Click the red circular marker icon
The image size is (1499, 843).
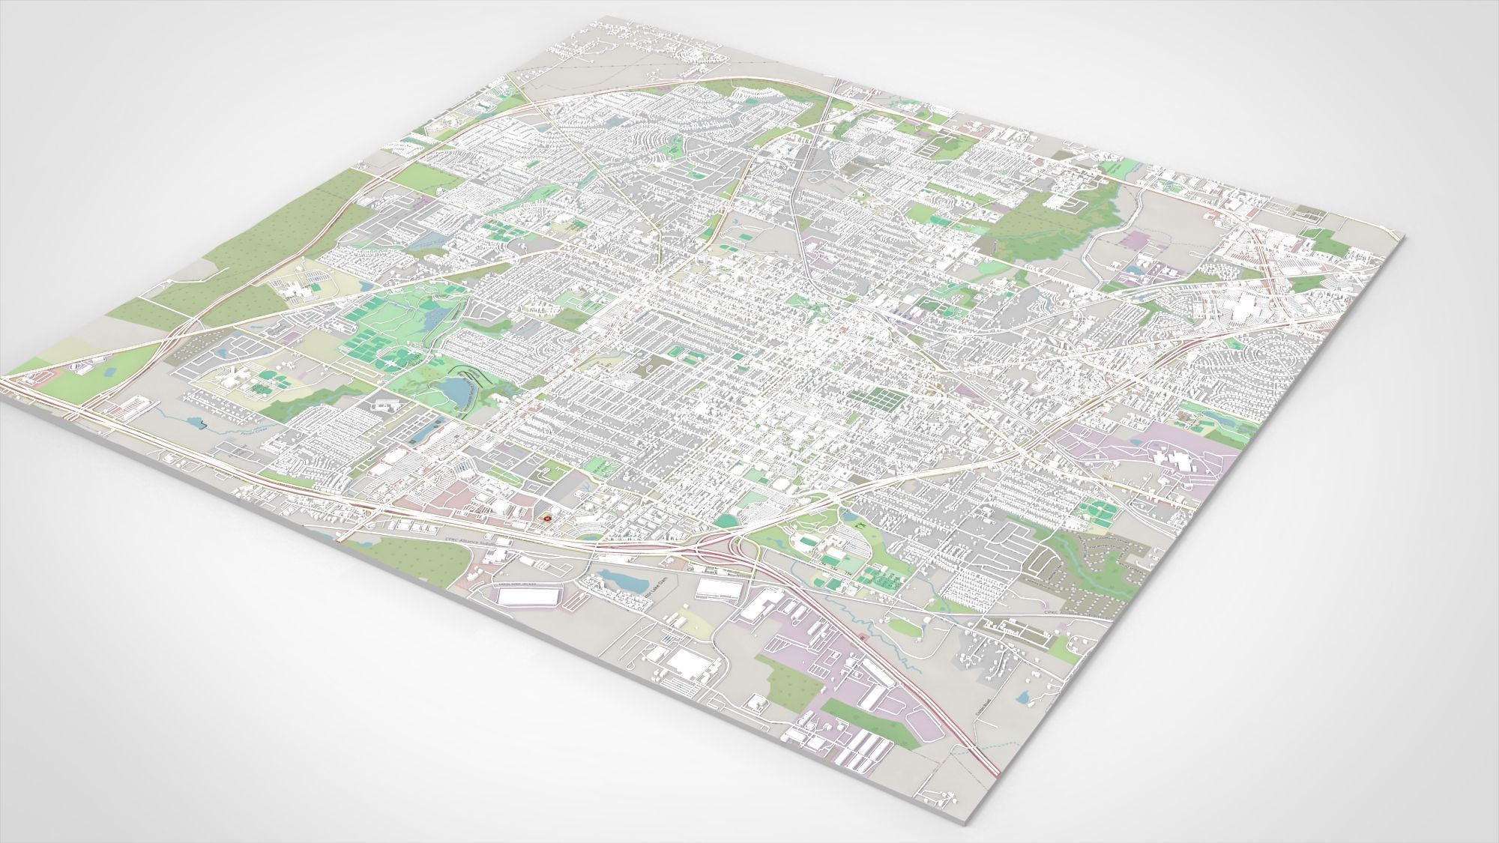[546, 517]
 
